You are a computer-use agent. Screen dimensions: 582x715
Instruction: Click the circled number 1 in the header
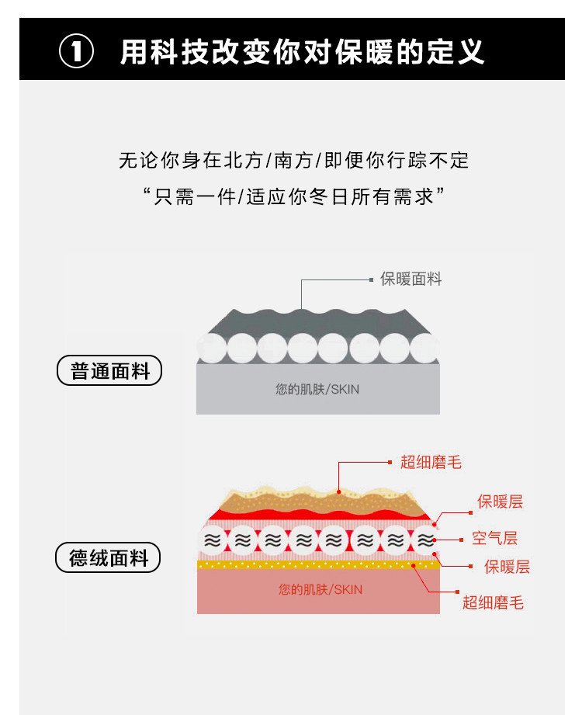pyautogui.click(x=77, y=53)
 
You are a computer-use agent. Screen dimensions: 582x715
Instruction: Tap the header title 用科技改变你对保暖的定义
pyautogui.click(x=303, y=52)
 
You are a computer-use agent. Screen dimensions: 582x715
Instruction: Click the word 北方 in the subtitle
pyautogui.click(x=241, y=161)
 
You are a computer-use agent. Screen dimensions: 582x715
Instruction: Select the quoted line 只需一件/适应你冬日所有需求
pyautogui.click(x=293, y=196)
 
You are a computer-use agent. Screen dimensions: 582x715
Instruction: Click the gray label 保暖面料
pyautogui.click(x=411, y=279)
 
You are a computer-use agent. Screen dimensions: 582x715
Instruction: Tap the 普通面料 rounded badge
pyautogui.click(x=109, y=371)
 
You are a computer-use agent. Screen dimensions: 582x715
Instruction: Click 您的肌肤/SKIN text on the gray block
pyautogui.click(x=317, y=389)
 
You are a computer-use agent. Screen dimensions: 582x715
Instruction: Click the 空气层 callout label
pyautogui.click(x=494, y=539)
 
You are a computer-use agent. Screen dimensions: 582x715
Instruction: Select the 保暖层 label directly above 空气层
pyautogui.click(x=500, y=502)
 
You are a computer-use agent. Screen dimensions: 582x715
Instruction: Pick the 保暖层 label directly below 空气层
pyautogui.click(x=507, y=567)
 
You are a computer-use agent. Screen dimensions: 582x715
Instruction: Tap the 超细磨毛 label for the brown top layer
pyautogui.click(x=431, y=463)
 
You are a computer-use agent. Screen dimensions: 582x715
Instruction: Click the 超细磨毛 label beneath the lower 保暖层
pyautogui.click(x=493, y=602)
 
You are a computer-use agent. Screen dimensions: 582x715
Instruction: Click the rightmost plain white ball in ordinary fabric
pyautogui.click(x=424, y=349)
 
